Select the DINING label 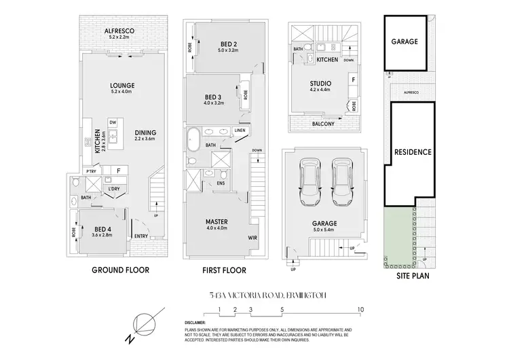click(x=145, y=132)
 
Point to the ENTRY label click(x=142, y=236)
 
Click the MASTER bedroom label click(x=216, y=222)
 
